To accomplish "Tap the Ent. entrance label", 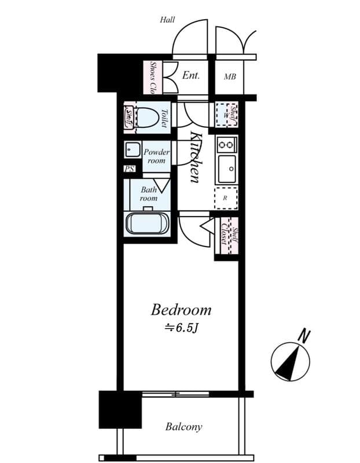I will pyautogui.click(x=191, y=75).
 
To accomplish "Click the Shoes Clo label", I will pyautogui.click(x=153, y=77).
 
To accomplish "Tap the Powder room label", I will pyautogui.click(x=156, y=156).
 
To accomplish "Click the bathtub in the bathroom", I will pyautogui.click(x=147, y=224).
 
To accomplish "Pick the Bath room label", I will pyautogui.click(x=149, y=193).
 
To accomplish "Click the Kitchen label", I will pyautogui.click(x=196, y=157).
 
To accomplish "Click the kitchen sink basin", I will pyautogui.click(x=226, y=168).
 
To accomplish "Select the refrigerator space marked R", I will pyautogui.click(x=226, y=197).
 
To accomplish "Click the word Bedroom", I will pyautogui.click(x=181, y=310).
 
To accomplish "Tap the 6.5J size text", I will pyautogui.click(x=182, y=328).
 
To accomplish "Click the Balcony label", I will pyautogui.click(x=183, y=427).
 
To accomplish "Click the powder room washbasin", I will pyautogui.click(x=130, y=149).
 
